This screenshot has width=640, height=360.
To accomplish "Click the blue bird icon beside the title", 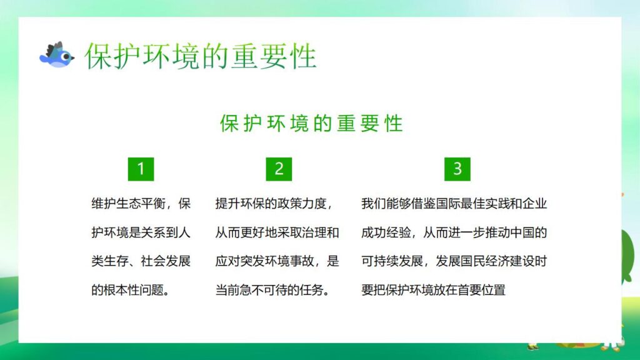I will pyautogui.click(x=56, y=56).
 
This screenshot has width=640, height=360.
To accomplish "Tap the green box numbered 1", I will pyautogui.click(x=141, y=169).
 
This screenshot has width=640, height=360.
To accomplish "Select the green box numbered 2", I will pyautogui.click(x=279, y=169).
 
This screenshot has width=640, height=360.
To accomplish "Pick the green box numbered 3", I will pyautogui.click(x=457, y=169).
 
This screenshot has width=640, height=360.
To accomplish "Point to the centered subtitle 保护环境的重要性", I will pyautogui.click(x=312, y=123).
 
